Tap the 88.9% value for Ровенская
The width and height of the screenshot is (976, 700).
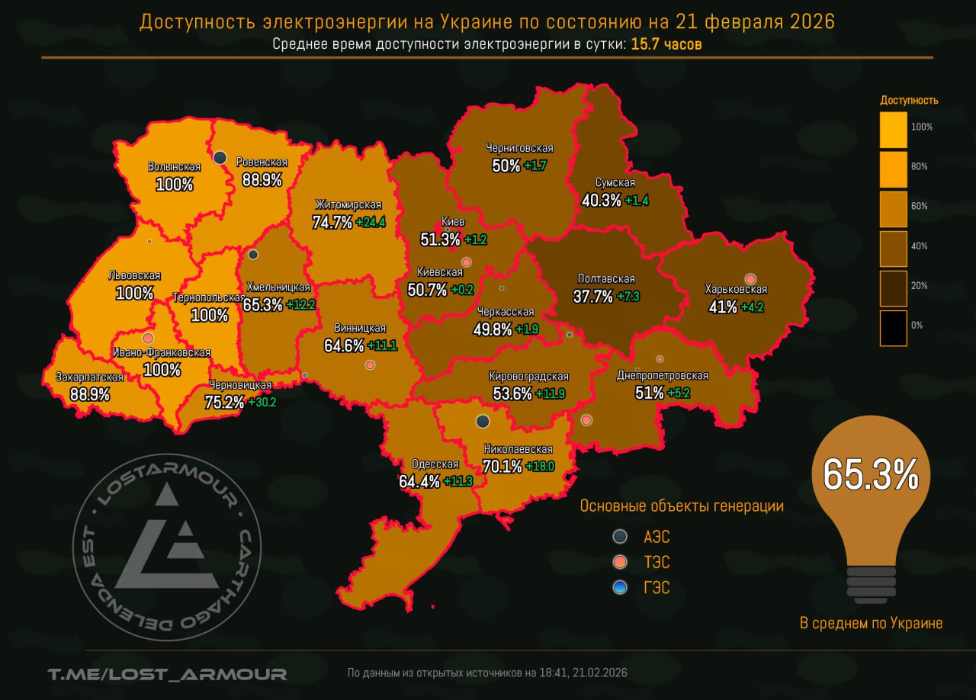pyautogui.click(x=262, y=181)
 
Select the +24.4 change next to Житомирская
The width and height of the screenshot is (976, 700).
pyautogui.click(x=372, y=223)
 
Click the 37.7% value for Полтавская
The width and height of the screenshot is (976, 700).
pyautogui.click(x=592, y=297)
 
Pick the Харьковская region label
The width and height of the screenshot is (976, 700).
pyautogui.click(x=736, y=290)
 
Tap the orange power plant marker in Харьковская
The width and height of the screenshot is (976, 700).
pyautogui.click(x=750, y=279)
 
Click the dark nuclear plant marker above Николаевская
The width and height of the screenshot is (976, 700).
pyautogui.click(x=482, y=421)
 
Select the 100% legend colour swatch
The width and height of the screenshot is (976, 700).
pyautogui.click(x=893, y=130)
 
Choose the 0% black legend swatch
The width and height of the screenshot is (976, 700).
pyautogui.click(x=893, y=328)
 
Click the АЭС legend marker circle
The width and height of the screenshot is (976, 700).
pyautogui.click(x=621, y=536)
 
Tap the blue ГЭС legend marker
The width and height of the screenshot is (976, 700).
pyautogui.click(x=621, y=587)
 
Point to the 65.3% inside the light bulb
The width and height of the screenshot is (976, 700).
pyautogui.click(x=870, y=474)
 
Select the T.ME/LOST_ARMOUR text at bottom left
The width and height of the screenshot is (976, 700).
pyautogui.click(x=167, y=673)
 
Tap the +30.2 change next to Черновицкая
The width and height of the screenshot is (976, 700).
pyautogui.click(x=262, y=402)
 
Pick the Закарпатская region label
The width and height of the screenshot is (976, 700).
pyautogui.click(x=89, y=377)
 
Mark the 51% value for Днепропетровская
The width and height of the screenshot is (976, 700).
pyautogui.click(x=648, y=393)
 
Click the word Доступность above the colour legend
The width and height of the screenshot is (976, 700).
pyautogui.click(x=909, y=100)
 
